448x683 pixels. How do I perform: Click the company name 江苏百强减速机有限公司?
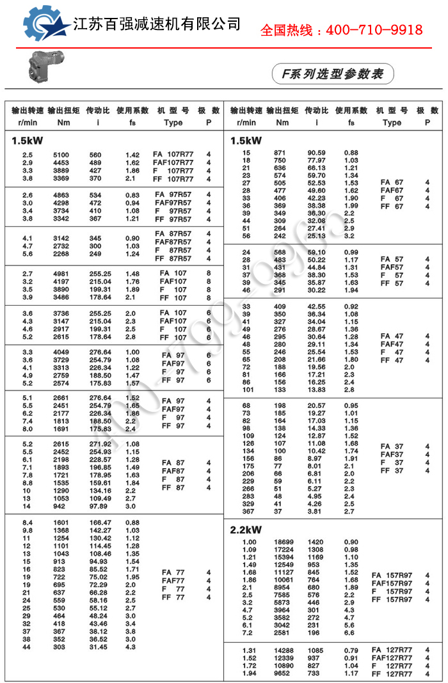(157, 24)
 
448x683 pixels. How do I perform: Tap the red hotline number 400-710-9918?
(341, 30)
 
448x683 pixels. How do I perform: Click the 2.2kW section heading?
(246, 530)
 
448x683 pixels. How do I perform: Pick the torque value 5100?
(60, 155)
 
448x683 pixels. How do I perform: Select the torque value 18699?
(282, 542)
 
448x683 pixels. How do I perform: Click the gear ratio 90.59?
(316, 152)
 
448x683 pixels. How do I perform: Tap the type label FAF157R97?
(395, 583)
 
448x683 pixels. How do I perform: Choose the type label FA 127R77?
(392, 650)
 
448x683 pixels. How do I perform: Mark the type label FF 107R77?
(173, 179)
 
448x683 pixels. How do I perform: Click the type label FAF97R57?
(173, 203)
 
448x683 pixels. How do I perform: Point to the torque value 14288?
(282, 650)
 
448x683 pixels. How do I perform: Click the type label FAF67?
(392, 191)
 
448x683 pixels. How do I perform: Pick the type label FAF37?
(392, 455)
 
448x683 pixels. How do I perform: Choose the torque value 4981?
(60, 273)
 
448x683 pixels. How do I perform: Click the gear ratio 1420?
(316, 542)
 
